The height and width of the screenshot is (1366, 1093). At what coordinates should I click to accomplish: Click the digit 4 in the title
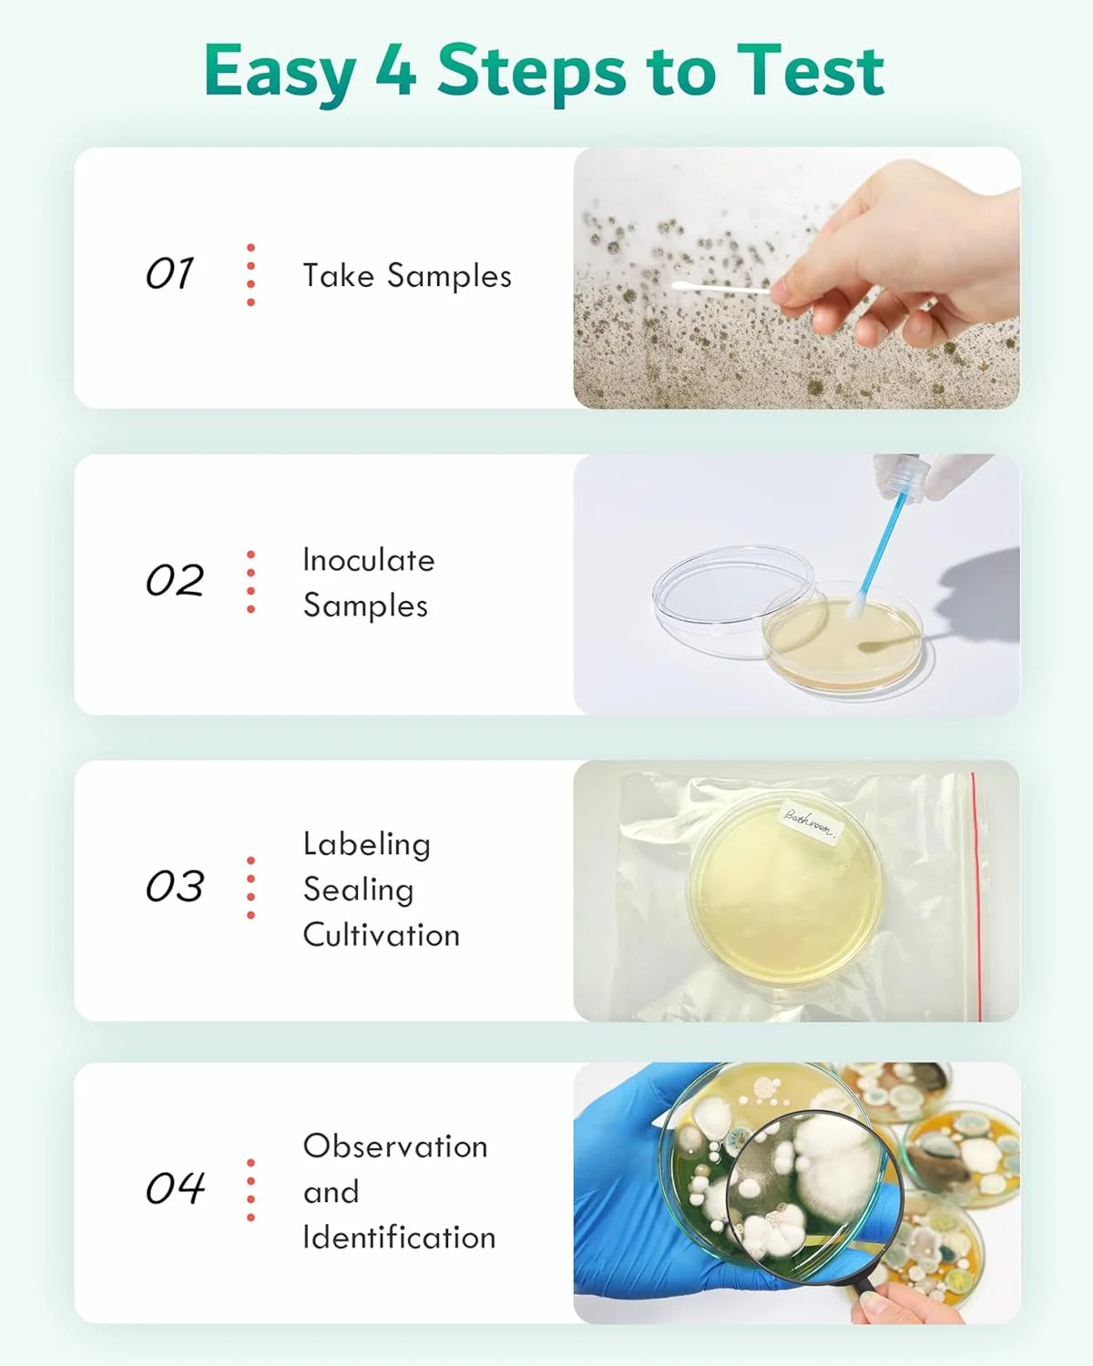(x=395, y=70)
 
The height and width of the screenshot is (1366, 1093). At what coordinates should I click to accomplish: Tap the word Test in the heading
(x=810, y=70)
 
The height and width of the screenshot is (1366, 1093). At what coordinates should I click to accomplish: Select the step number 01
(x=169, y=273)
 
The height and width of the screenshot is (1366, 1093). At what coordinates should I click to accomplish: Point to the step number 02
(x=175, y=580)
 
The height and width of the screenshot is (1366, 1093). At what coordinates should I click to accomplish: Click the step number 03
(x=175, y=886)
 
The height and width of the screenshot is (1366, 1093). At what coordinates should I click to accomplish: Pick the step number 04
(x=175, y=1188)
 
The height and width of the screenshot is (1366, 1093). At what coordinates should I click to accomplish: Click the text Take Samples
(x=407, y=276)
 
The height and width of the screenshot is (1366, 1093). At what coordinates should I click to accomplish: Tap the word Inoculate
(x=369, y=560)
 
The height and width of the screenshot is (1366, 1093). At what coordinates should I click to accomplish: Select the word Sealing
(x=359, y=890)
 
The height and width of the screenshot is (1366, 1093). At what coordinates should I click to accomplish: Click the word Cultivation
(x=382, y=935)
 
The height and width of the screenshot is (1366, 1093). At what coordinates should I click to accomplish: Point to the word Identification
(x=400, y=1238)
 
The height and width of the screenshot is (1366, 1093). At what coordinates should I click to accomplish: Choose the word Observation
(x=395, y=1147)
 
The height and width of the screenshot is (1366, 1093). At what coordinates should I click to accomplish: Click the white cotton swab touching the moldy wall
(x=721, y=289)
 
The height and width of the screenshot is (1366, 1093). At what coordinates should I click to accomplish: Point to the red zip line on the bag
(x=976, y=896)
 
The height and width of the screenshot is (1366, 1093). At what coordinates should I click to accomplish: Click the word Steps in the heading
(x=532, y=71)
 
